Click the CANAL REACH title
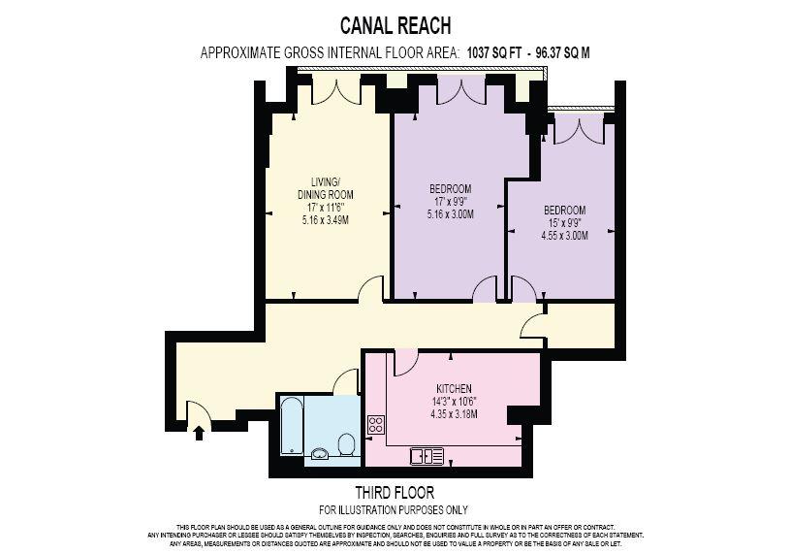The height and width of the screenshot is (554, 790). (395, 25)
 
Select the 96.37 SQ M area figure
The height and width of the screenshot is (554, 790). (562, 53)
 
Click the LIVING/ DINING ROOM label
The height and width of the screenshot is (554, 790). (326, 188)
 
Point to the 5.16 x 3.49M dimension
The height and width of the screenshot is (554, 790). (326, 220)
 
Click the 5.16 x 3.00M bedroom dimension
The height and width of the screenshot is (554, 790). (451, 214)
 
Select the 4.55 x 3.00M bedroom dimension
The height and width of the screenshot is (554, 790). (564, 236)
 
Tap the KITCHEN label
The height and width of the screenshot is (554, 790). (454, 389)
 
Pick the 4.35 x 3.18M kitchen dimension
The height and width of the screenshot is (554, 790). (454, 414)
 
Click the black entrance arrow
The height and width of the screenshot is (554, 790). (199, 433)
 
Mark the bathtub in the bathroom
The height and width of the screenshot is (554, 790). (291, 426)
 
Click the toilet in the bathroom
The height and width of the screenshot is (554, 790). (346, 444)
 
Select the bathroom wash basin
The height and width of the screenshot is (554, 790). (320, 454)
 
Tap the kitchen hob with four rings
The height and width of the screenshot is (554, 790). (376, 424)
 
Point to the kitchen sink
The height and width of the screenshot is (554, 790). (427, 456)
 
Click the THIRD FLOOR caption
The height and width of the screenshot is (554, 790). (395, 492)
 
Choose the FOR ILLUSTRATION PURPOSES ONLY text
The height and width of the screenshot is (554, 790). (394, 510)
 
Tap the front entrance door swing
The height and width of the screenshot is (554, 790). (199, 410)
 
